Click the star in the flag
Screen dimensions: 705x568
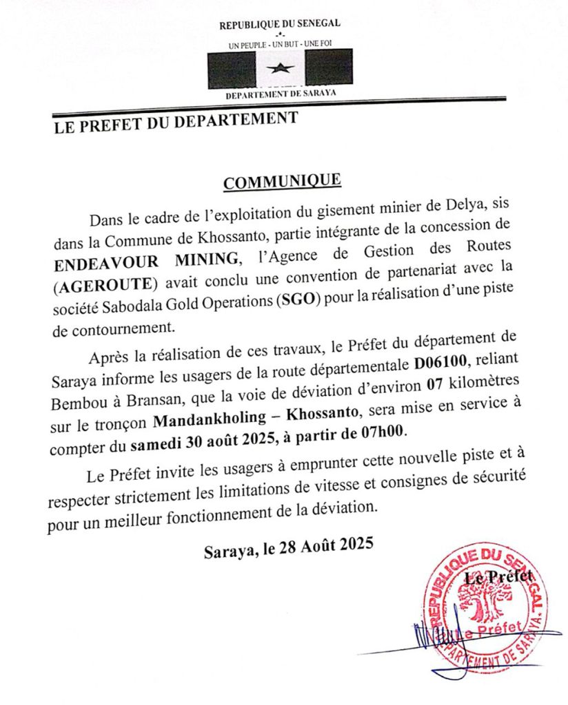point(280,68)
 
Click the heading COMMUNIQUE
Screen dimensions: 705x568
point(282,181)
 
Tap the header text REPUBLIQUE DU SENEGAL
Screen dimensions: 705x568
point(280,25)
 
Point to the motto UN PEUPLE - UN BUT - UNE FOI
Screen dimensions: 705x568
point(280,45)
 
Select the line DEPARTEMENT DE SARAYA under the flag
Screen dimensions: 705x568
point(281,93)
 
